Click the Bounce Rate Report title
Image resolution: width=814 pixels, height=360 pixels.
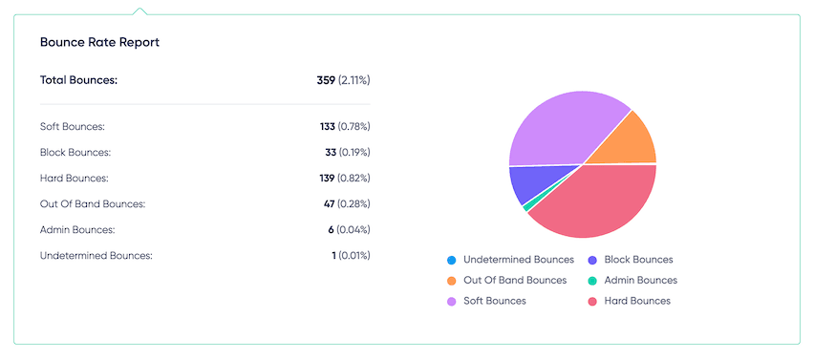[x=99, y=43]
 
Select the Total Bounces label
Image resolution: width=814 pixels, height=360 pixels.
[x=78, y=80]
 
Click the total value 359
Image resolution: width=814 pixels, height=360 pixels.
[x=326, y=80]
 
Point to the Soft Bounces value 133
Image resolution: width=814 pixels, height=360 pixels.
[x=328, y=126]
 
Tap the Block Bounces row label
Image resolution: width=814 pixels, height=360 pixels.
[x=75, y=152]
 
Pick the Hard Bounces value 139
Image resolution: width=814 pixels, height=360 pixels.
[x=328, y=178]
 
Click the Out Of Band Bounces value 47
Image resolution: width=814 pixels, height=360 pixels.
[x=331, y=203]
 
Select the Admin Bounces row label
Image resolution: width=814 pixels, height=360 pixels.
[x=77, y=229]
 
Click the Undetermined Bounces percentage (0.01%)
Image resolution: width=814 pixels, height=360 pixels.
[x=354, y=255]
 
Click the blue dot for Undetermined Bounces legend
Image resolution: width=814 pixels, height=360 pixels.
[x=450, y=260]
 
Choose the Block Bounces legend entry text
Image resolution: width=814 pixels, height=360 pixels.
[x=638, y=260]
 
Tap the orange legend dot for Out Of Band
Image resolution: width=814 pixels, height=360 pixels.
[x=450, y=281]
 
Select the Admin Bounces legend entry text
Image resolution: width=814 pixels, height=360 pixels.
[x=640, y=281]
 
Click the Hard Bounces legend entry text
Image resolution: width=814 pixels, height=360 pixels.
[x=637, y=301]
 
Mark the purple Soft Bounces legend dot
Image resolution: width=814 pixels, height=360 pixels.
[x=450, y=301]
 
